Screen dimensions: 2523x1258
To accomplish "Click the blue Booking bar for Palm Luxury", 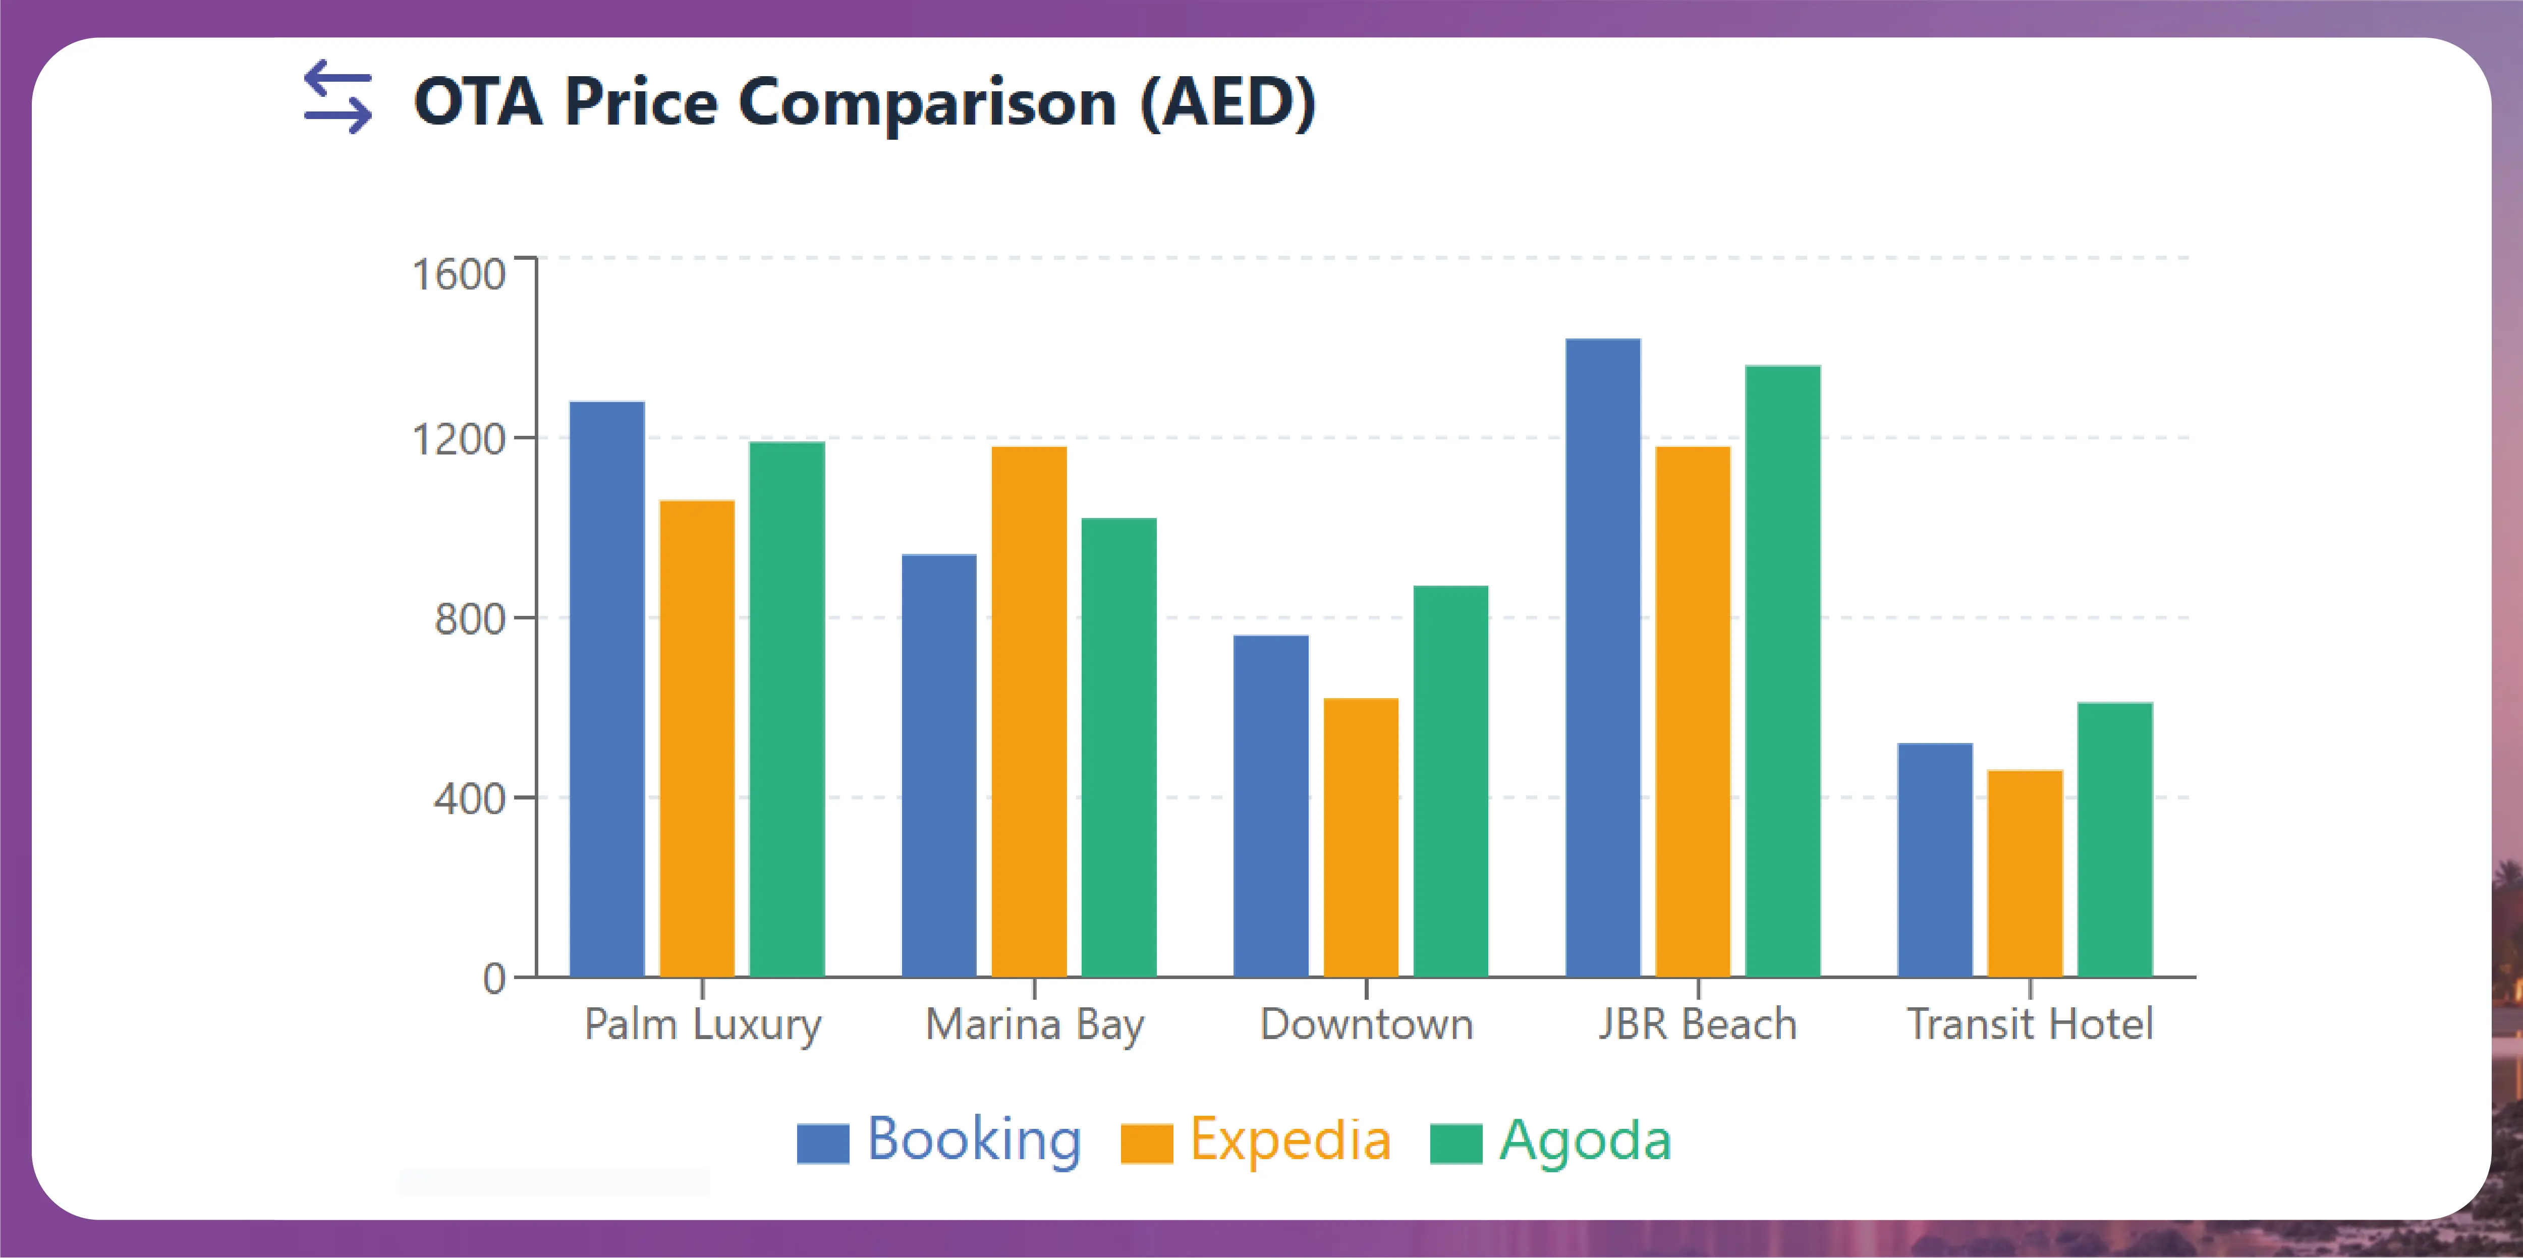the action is point(607,689).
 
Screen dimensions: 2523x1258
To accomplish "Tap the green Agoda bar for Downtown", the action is point(1450,781).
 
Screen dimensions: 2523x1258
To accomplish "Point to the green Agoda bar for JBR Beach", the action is point(1782,671).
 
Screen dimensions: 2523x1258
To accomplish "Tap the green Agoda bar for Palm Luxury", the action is point(788,710).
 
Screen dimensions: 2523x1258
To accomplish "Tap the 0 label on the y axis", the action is point(494,978).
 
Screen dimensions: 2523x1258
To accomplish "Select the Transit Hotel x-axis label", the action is point(2030,1024).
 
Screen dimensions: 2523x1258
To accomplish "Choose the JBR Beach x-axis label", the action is point(1697,1024).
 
